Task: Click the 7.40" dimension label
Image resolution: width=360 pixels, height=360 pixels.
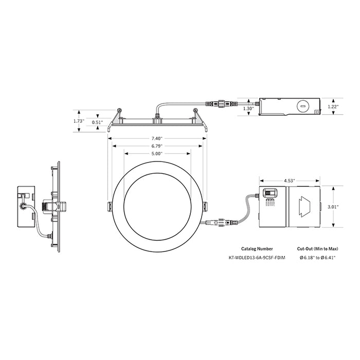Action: point(157,138)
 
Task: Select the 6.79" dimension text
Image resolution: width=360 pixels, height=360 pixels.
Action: point(157,146)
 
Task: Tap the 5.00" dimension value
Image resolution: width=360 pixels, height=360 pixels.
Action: point(157,154)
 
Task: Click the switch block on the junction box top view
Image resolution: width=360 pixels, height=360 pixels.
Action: point(269,193)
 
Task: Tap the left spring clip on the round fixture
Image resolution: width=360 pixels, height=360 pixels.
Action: point(109,207)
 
